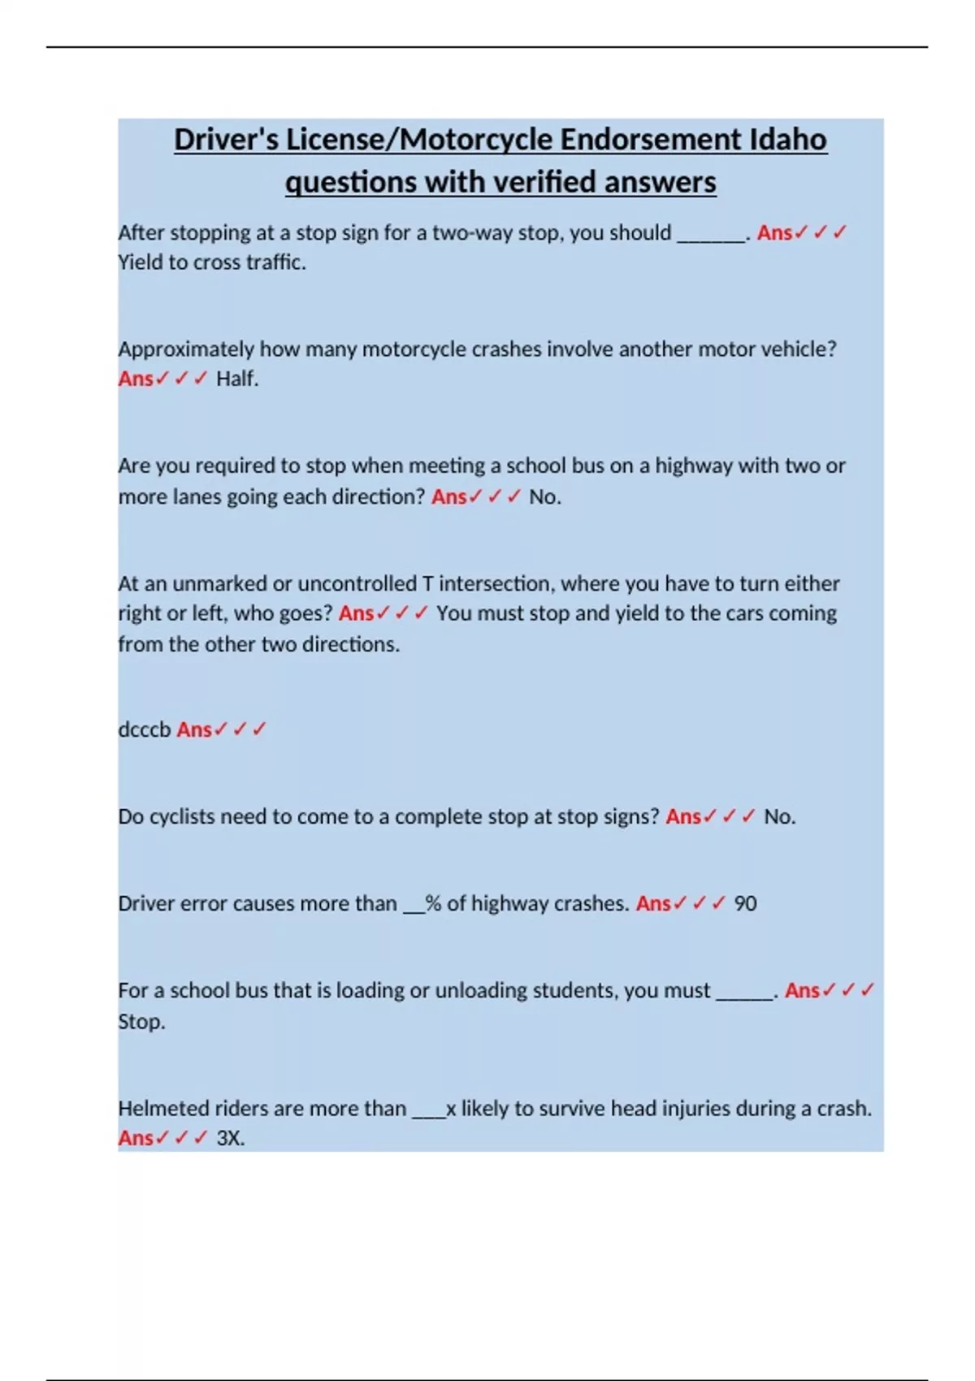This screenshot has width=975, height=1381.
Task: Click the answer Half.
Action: click(x=237, y=379)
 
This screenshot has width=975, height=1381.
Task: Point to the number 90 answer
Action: click(x=745, y=903)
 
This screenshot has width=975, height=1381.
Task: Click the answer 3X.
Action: click(x=231, y=1138)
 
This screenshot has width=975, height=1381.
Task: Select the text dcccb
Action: click(x=144, y=729)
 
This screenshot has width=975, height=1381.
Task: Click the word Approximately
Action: click(x=186, y=349)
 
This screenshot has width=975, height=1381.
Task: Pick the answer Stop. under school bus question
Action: click(x=141, y=1021)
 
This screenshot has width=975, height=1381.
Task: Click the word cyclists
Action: click(x=182, y=816)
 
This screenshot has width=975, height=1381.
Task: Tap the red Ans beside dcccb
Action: click(x=194, y=729)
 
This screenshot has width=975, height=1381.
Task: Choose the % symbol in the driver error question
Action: click(x=433, y=903)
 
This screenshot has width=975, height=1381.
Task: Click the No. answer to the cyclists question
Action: click(x=779, y=816)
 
